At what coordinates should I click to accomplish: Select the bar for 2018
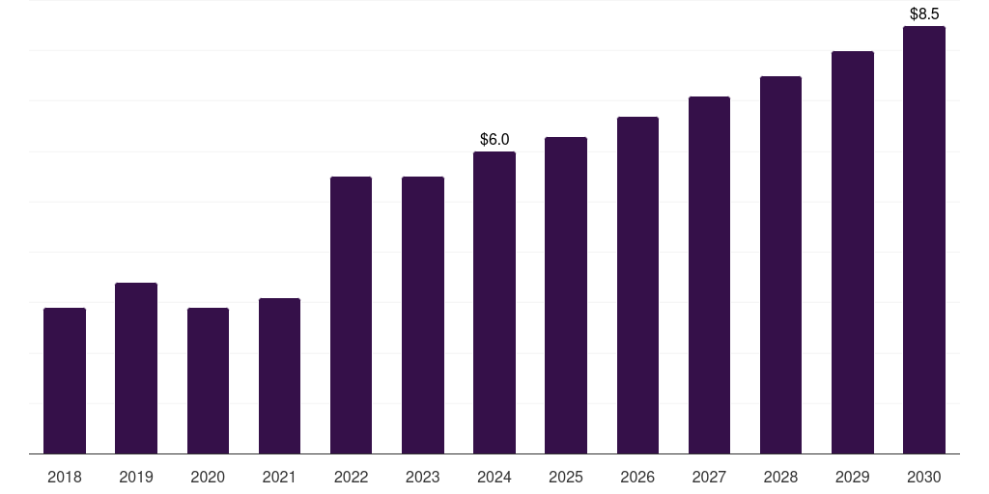coord(65,380)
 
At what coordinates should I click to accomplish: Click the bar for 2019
coord(136,368)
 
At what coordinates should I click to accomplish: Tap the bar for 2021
coord(279,375)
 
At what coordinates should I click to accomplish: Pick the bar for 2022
coord(351,316)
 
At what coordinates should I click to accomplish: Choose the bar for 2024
coord(494,302)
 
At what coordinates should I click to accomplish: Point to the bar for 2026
coord(637,285)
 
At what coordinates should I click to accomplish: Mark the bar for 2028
coord(780,264)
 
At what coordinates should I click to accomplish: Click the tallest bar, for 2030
coord(924,239)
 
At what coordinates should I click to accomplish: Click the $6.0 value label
coord(494,139)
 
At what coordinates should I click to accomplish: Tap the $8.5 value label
coord(924,14)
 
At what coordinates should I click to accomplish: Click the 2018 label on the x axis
coord(65,477)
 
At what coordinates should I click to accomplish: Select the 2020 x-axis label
coord(208,477)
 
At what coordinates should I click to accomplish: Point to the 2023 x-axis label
coord(423,477)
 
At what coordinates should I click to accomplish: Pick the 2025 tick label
coord(566,477)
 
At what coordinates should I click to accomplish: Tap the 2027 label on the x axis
coord(709,477)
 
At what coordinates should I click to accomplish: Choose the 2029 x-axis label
coord(852,477)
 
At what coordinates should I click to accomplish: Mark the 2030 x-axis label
coord(924,477)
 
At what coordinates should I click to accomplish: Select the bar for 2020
coord(208,380)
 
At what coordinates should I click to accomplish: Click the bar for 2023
coord(423,316)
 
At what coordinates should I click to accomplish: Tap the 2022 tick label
coord(351,477)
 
